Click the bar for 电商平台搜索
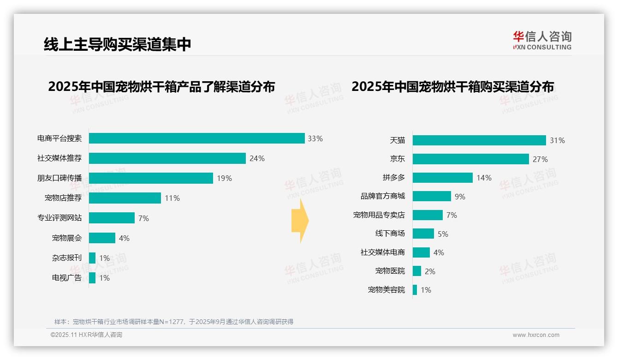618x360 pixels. [x=196, y=138]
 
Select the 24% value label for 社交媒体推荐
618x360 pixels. [x=257, y=158]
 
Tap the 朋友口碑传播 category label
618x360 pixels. [x=59, y=178]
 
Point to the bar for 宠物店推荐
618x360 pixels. [x=125, y=198]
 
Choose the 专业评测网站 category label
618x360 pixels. [x=59, y=218]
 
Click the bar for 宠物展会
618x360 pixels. [x=102, y=238]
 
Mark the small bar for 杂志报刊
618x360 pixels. [x=92, y=258]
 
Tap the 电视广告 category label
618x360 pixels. [x=67, y=278]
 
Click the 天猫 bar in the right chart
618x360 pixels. [x=479, y=140]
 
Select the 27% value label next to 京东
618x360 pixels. [x=540, y=159]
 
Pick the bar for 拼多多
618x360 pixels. [x=442, y=178]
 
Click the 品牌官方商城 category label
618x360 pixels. [x=382, y=196]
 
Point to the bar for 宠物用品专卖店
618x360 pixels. [x=428, y=215]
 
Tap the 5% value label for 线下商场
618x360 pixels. [x=443, y=234]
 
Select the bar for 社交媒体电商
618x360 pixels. [x=421, y=252]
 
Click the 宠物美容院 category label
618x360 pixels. [x=386, y=290]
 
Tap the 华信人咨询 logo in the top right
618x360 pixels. [x=542, y=40]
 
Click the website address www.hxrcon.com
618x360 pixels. [x=536, y=335]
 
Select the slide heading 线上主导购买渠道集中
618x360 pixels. [x=117, y=44]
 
